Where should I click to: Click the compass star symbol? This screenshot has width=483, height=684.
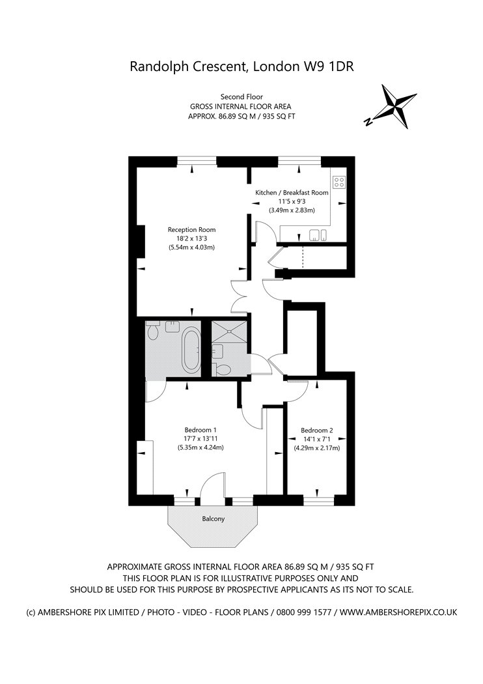395,106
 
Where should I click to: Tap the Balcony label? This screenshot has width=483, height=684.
213,519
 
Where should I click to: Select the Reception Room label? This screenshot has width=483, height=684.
192,229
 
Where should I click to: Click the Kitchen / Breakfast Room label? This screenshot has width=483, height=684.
292,192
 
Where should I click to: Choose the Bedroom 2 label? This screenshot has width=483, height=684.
317,430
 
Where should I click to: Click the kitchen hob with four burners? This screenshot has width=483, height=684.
338,182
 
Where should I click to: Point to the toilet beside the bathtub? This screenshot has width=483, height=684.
152,331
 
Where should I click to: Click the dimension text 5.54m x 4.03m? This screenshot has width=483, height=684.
192,248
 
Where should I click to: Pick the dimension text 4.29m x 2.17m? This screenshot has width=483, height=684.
317,448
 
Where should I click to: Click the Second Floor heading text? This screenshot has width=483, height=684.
241,97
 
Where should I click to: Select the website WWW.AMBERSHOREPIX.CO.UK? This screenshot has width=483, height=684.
398,612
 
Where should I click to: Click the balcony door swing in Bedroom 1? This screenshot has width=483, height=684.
213,484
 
